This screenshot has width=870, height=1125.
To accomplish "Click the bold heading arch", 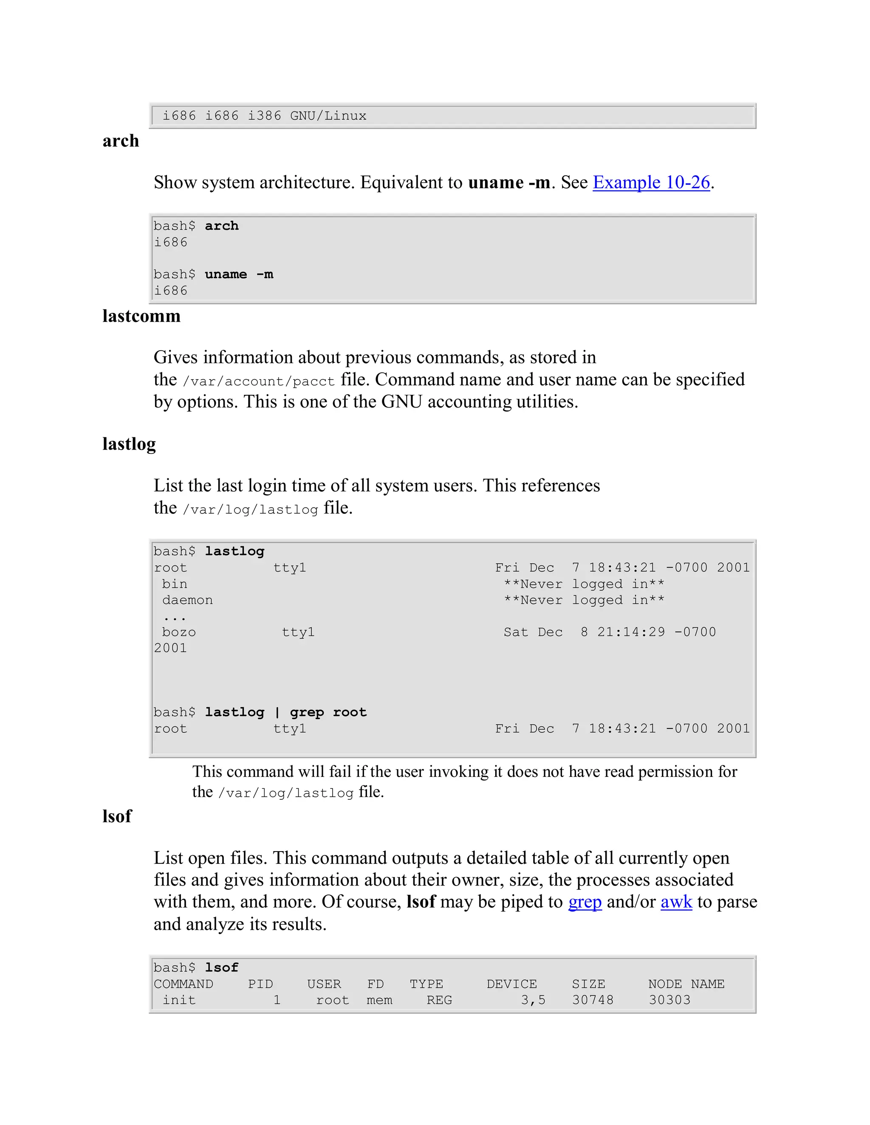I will [121, 141].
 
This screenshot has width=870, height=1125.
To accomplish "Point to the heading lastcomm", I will [141, 316].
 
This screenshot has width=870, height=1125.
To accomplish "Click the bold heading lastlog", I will [129, 444].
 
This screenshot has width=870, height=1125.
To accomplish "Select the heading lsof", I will [117, 816].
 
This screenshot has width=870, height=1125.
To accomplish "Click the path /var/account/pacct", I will [259, 381].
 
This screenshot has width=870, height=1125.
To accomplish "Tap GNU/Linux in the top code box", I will [328, 116].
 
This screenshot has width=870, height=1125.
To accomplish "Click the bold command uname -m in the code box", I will [239, 274].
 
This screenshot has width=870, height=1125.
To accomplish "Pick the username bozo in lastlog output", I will [179, 632].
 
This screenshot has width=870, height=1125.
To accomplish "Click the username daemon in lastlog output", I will [187, 600].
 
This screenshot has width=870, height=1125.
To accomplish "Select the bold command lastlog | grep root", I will [285, 712].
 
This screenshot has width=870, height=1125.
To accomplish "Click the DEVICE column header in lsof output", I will [511, 984].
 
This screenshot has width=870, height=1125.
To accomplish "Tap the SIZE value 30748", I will [593, 1000].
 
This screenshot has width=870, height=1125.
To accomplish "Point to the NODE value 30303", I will [669, 1000].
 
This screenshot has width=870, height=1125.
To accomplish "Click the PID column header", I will [260, 984].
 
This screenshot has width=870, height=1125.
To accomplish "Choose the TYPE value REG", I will [439, 1000].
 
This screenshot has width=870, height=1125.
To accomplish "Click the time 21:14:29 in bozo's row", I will [631, 632].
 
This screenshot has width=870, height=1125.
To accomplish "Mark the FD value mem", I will [379, 1000].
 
